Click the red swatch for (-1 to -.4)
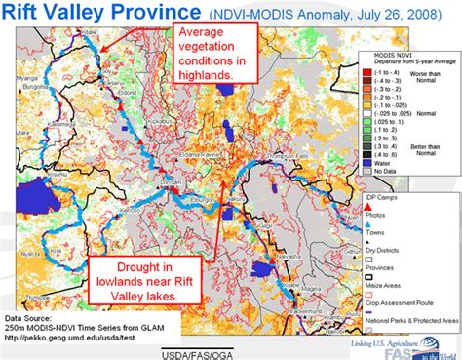pos(366,71)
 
